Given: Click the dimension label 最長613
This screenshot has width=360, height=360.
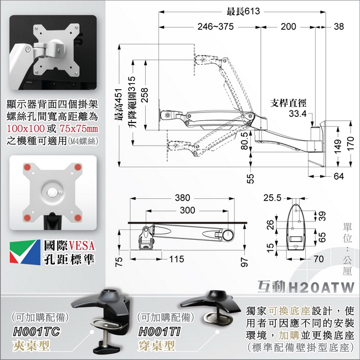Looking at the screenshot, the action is pos(243,11).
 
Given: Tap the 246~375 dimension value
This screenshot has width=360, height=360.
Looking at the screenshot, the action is pos(215,27).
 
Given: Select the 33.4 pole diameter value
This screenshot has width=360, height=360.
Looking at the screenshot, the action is pos(297,114).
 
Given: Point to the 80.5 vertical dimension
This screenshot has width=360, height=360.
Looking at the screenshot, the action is pos(244,141).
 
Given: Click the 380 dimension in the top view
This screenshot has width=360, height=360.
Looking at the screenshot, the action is pos(183,198).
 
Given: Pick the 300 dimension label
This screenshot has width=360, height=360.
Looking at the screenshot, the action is pos(187,210).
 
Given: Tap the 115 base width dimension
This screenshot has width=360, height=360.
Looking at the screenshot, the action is pos(177,259).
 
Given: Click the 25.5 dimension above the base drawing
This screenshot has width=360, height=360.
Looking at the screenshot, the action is pos(272,198).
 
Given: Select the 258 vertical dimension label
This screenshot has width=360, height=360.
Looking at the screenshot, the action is pos(145,95).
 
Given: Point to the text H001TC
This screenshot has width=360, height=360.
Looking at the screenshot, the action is pos(36,332).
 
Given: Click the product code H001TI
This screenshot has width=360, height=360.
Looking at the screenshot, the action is pos(160,332).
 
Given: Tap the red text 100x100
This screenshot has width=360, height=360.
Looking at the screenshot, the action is pos(25,128).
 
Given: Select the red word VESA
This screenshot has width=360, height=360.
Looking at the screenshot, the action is pos(82,245).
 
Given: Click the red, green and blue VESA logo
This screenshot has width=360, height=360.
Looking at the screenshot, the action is pos(25,252).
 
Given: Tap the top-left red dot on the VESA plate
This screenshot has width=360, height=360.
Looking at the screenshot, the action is pos(27,167).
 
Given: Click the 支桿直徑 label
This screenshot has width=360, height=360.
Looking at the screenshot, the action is pos(288,103).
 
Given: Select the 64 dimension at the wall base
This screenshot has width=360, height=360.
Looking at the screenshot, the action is pos(338,176).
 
